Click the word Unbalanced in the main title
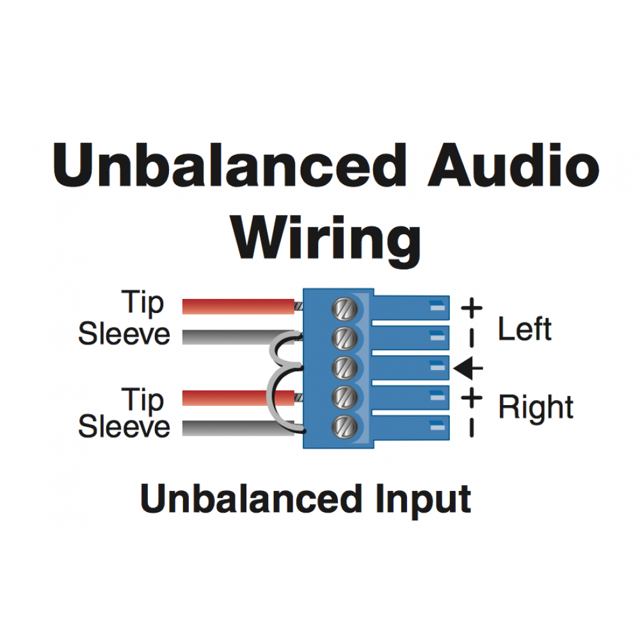(229, 165)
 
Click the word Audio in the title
(513, 165)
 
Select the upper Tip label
(143, 303)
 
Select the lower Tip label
(143, 401)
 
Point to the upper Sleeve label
(124, 334)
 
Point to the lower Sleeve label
(124, 426)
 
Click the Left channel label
(525, 329)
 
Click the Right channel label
(536, 408)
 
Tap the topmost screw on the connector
(344, 309)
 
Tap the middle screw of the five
(344, 368)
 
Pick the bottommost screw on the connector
(344, 427)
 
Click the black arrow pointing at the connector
(468, 368)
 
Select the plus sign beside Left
(472, 308)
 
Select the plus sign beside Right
(472, 397)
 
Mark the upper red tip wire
(238, 307)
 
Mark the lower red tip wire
(238, 398)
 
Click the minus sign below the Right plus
(472, 428)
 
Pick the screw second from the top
(344, 339)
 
